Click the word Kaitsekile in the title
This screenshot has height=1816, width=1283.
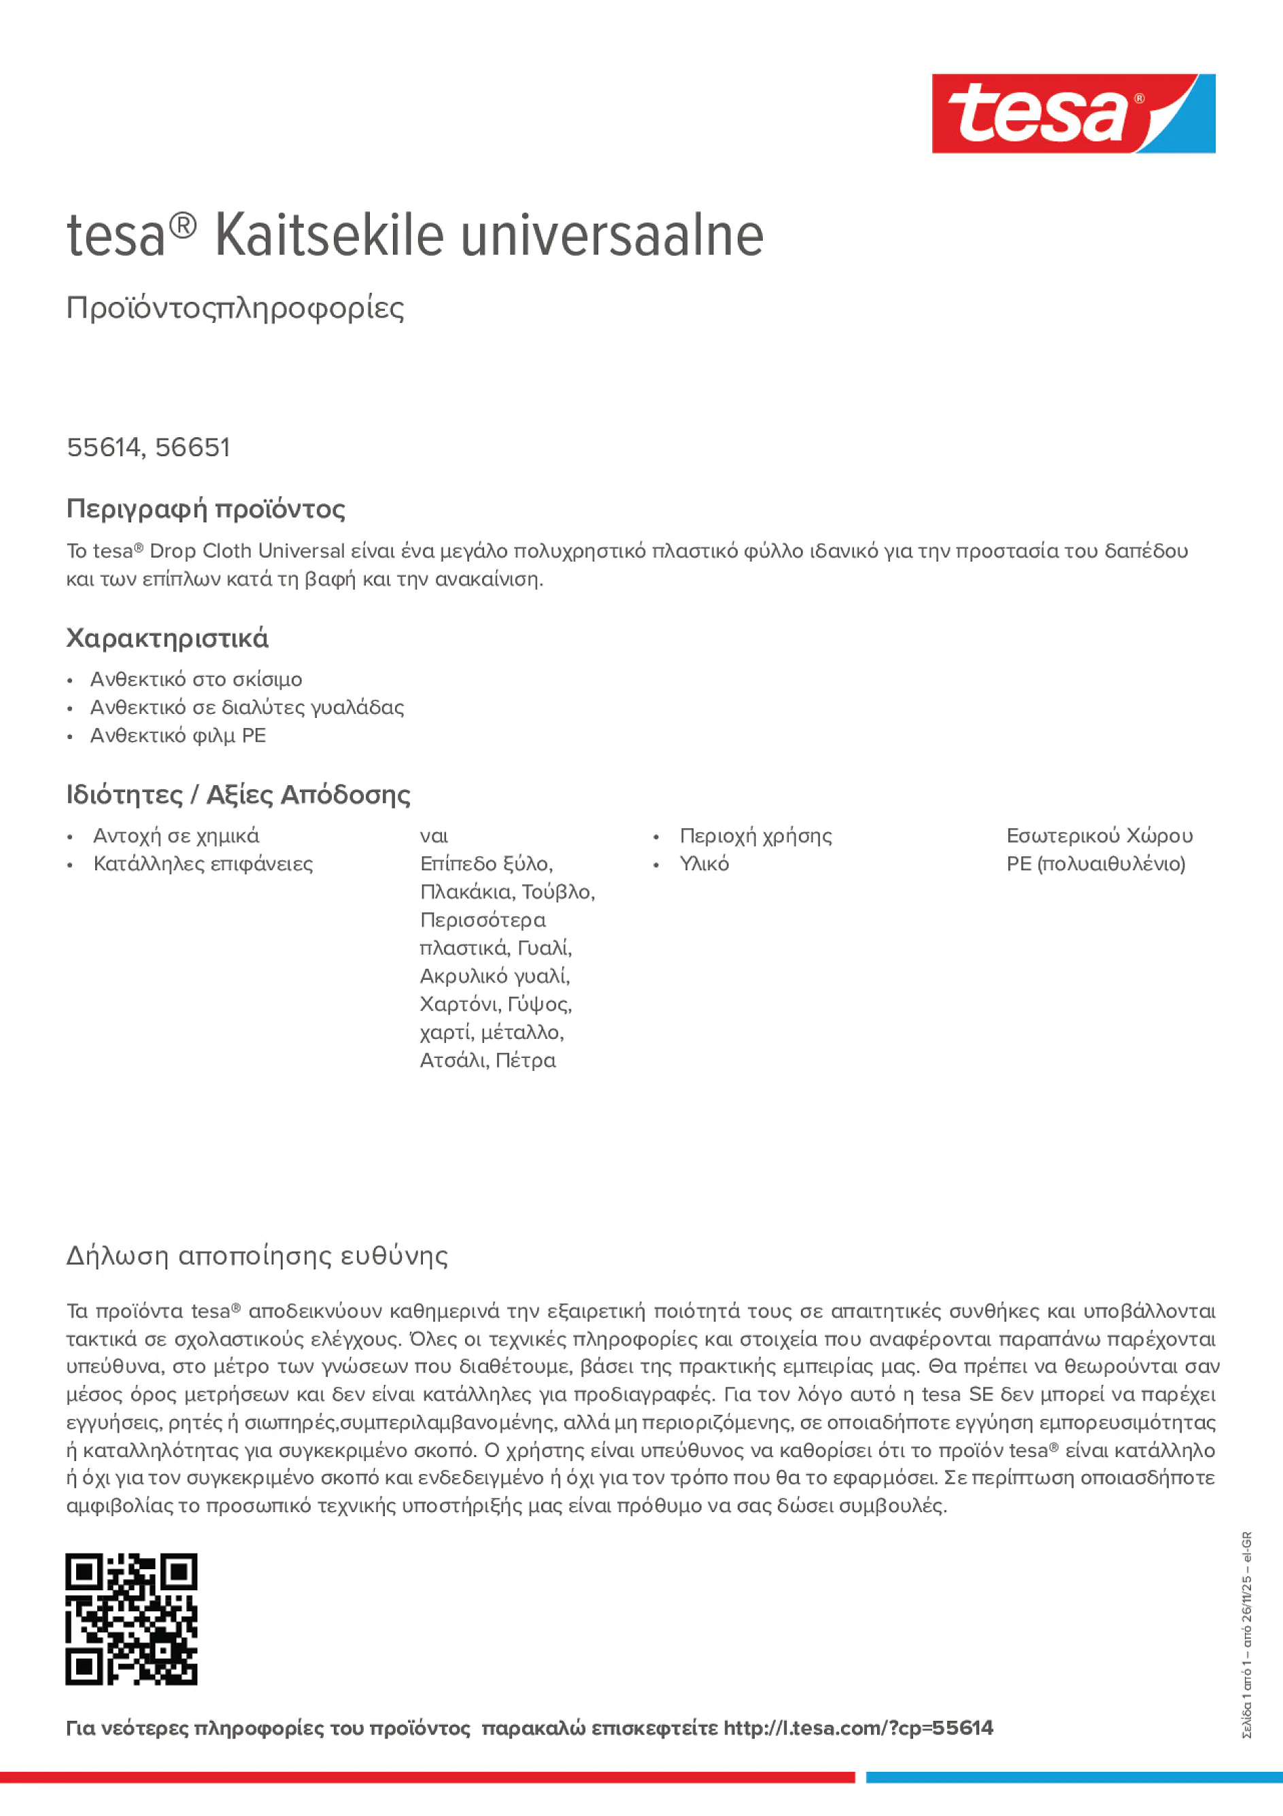coord(329,236)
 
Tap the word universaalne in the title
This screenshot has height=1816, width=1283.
coord(611,236)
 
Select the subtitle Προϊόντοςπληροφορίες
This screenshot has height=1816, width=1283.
coord(235,308)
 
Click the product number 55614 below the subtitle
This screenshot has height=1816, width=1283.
coord(103,447)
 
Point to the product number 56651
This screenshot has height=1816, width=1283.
coord(192,447)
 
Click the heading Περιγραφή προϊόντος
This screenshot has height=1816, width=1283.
coord(205,509)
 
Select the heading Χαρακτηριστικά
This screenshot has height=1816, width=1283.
coord(167,638)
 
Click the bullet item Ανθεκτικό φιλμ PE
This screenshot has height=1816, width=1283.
coord(177,736)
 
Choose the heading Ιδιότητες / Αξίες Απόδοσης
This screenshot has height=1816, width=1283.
coord(238,794)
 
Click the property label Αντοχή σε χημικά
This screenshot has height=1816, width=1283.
coord(175,836)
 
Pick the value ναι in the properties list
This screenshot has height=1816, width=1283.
coord(434,836)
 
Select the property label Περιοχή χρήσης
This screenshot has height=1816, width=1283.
coord(755,836)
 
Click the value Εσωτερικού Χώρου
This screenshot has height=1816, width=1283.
coord(1099,836)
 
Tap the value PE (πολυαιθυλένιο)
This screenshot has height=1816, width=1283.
coord(1095,863)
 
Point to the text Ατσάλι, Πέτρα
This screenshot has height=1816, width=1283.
coord(487,1060)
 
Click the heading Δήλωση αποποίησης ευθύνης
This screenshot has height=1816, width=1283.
coord(257,1255)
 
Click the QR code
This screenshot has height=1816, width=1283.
coord(131,1619)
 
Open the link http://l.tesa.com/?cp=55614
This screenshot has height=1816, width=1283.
coord(857,1728)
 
